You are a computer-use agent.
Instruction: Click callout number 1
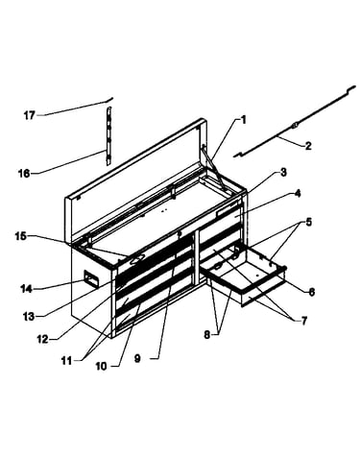click(244, 121)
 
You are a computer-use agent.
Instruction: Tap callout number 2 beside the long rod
click(308, 146)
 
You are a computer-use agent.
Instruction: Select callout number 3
click(283, 173)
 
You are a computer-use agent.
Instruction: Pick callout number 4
click(298, 194)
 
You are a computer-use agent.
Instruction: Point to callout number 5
click(308, 222)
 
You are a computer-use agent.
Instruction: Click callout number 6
click(311, 292)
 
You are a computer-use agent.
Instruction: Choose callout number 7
click(303, 320)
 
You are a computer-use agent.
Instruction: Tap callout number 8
click(207, 335)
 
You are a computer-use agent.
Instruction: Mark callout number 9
click(137, 359)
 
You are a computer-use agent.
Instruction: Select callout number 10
click(101, 366)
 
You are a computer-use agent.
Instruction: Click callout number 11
click(67, 361)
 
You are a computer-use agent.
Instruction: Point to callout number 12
click(42, 339)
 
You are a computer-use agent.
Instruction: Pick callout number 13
click(29, 316)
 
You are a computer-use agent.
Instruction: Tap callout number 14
click(26, 289)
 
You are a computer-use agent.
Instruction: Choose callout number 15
click(21, 236)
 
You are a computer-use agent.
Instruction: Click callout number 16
click(24, 174)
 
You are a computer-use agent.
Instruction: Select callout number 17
click(29, 115)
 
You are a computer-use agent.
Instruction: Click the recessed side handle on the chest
click(91, 278)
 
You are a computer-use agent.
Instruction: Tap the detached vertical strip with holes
click(108, 136)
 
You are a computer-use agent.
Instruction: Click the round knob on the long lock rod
click(295, 126)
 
